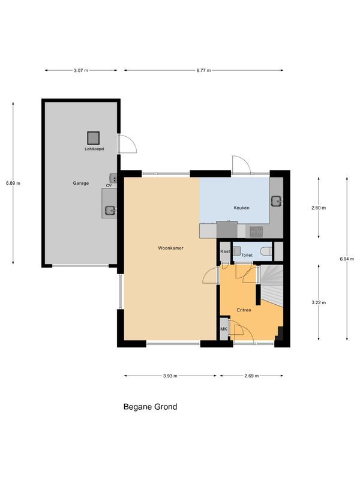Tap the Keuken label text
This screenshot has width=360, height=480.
tap(241, 208)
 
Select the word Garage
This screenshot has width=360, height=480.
tap(81, 184)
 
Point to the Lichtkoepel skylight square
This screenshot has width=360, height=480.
tap(94, 137)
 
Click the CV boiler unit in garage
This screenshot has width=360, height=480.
tap(113, 178)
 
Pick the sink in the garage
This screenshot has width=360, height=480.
tap(109, 210)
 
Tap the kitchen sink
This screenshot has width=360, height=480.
tap(276, 201)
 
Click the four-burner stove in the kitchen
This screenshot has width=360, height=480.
tap(256, 229)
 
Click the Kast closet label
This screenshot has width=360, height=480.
tap(226, 251)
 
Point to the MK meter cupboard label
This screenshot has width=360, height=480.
tap(224, 329)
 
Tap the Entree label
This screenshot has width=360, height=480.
tap(244, 310)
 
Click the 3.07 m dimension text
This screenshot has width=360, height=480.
tap(81, 70)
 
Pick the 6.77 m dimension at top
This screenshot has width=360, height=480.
tap(204, 70)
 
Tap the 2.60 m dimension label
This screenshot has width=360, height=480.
tap(319, 208)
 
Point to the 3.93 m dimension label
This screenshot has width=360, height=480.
tap(171, 376)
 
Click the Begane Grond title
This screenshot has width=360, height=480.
tap(150, 407)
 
